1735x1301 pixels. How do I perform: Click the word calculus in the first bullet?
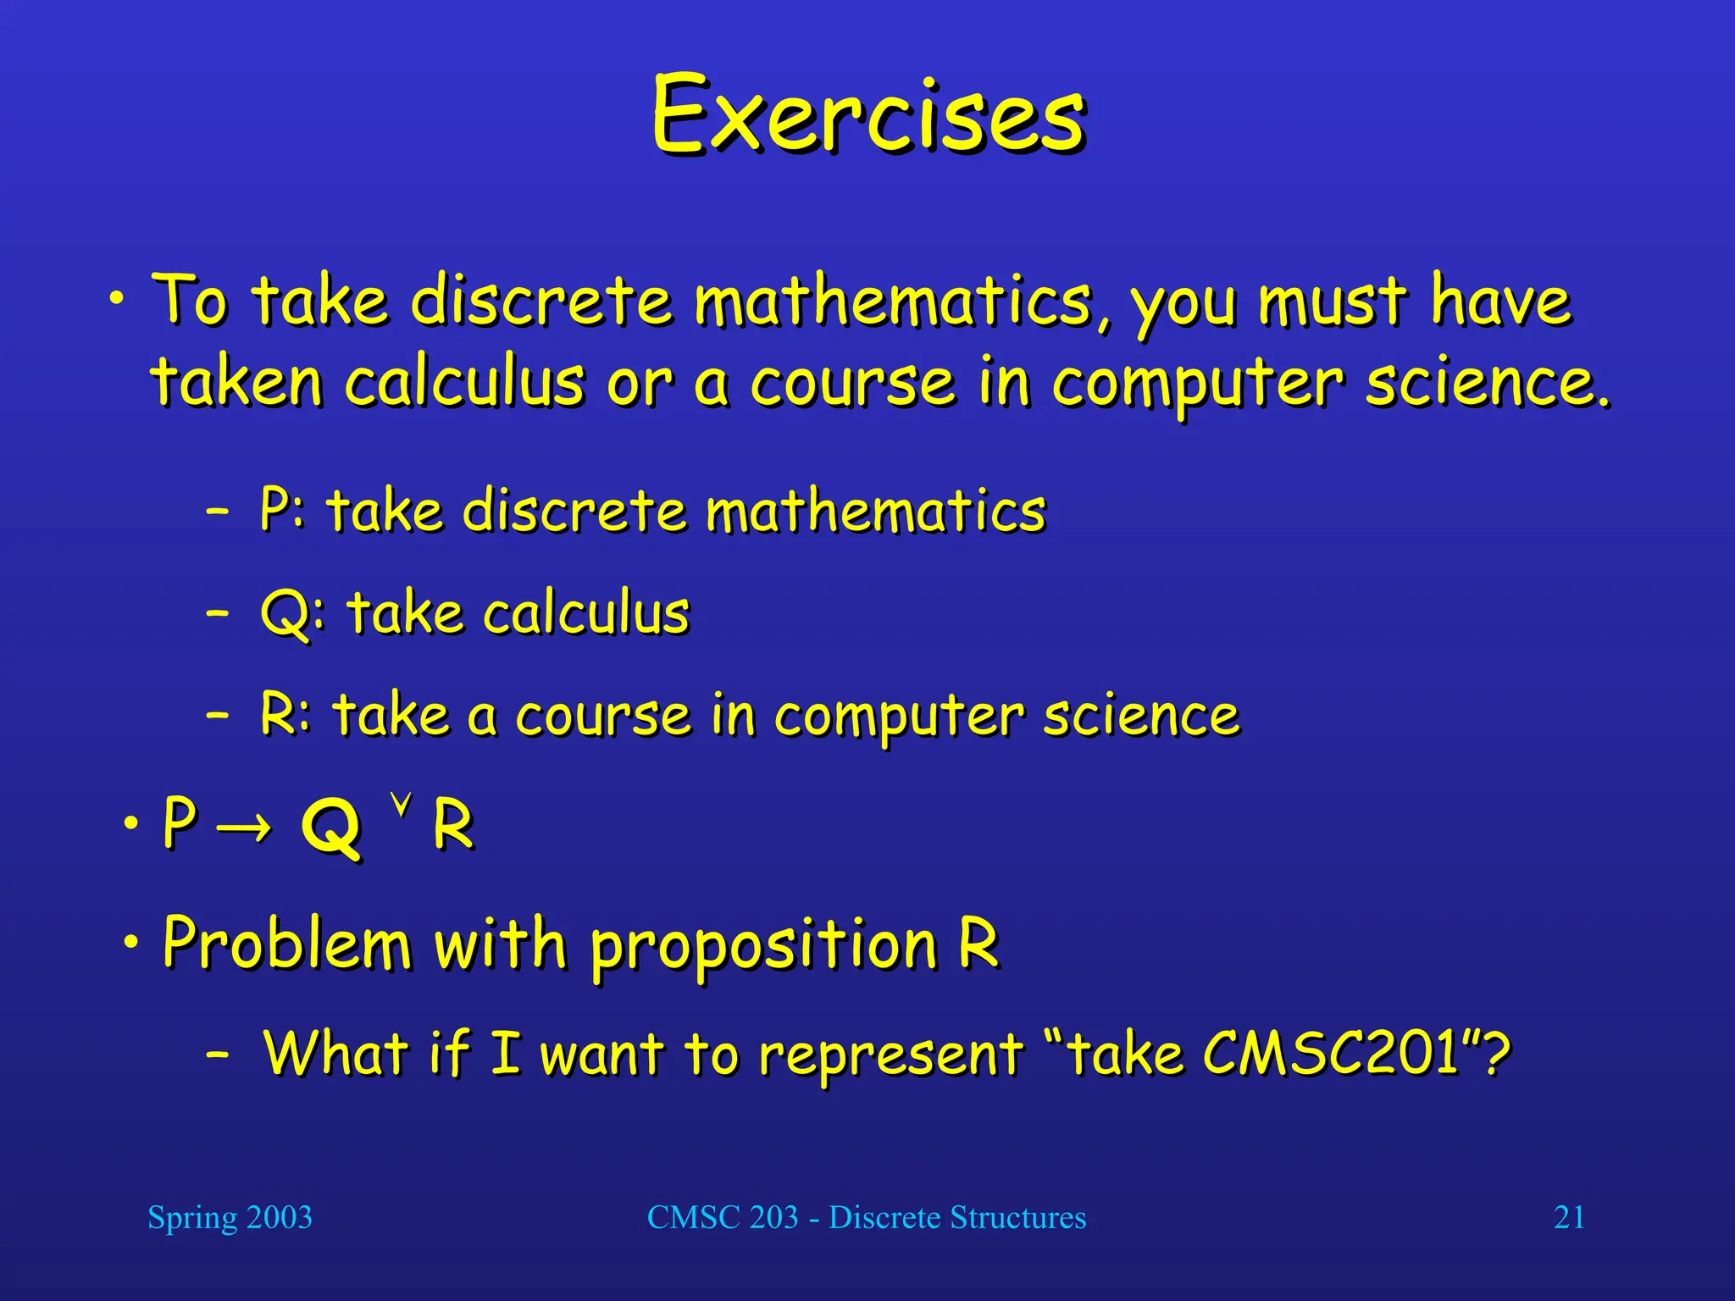464,382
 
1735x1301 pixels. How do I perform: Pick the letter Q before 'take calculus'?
284,613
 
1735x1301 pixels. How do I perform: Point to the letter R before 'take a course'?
278,714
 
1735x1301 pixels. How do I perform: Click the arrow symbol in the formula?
244,826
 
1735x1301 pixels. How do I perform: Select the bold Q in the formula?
330,828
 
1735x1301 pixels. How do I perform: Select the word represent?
890,1055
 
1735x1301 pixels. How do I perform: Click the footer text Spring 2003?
230,1218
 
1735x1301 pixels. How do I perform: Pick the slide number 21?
1569,1218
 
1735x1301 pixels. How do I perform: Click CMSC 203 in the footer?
722,1218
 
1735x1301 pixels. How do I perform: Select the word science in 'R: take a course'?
1140,716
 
